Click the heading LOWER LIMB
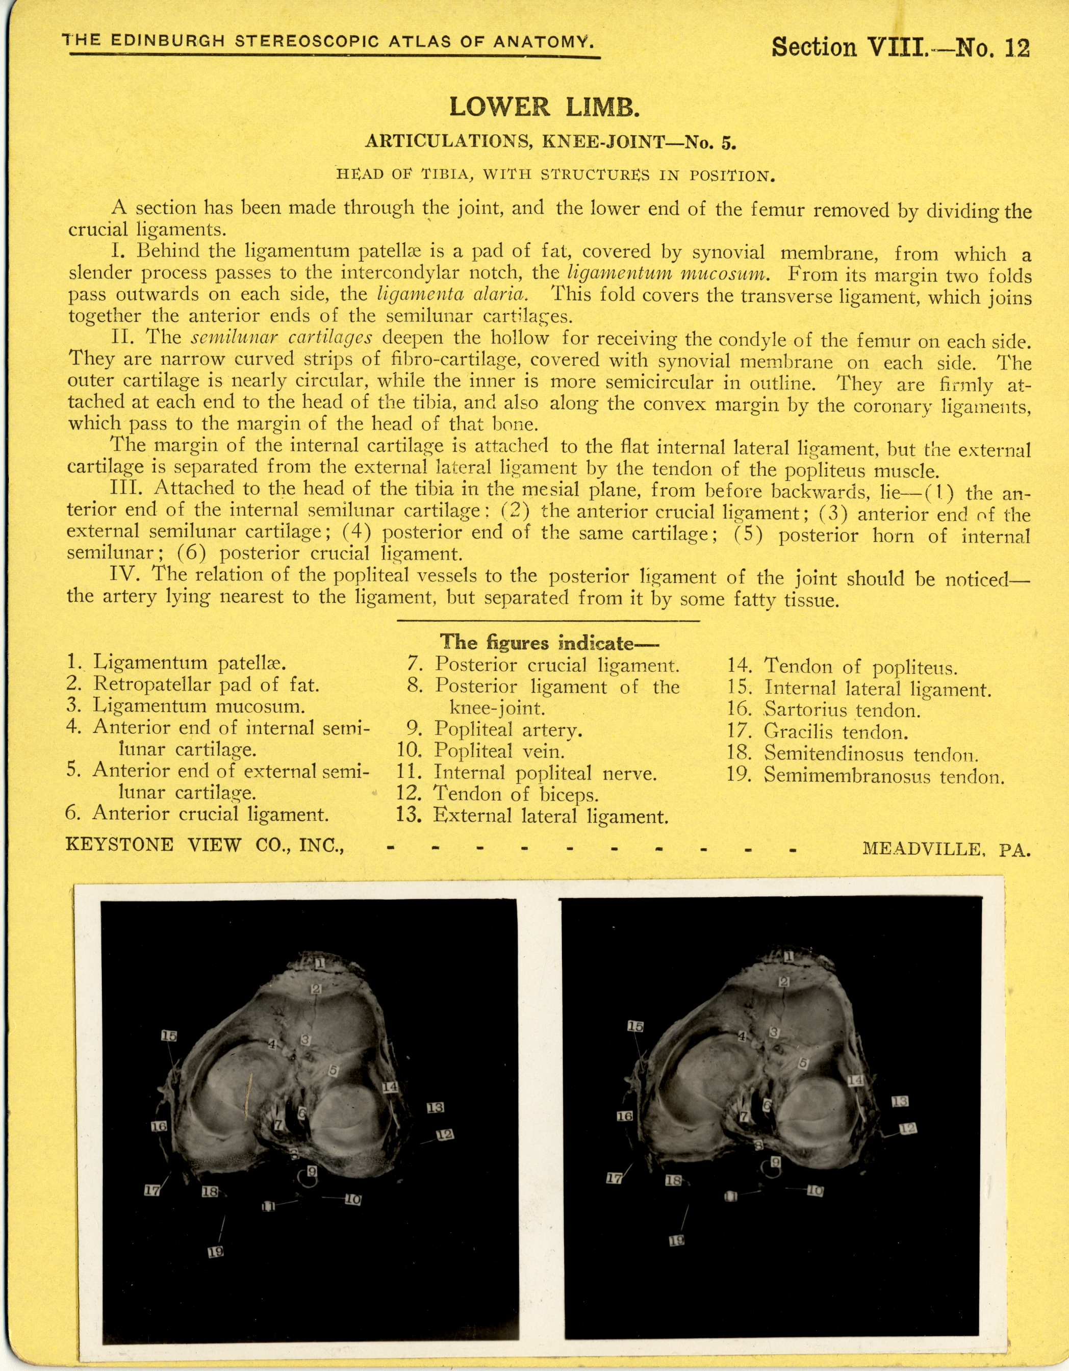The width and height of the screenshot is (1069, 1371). (544, 107)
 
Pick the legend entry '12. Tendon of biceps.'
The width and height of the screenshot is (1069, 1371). (497, 794)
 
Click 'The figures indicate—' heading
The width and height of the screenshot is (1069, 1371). (545, 642)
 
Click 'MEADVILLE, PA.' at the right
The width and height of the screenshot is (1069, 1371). (946, 849)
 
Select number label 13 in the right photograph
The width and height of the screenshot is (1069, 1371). (900, 1102)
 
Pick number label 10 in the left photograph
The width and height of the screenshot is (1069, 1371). (353, 1200)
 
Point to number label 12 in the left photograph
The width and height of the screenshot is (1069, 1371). (445, 1135)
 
